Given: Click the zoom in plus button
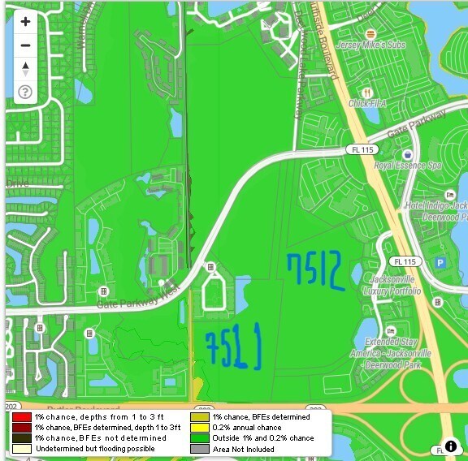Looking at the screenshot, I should tap(25, 22).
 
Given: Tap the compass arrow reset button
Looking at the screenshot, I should tap(25, 67).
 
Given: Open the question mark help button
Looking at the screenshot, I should tap(25, 92).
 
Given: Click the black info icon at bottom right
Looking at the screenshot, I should tap(451, 446).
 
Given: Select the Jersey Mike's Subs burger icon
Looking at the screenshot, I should tap(370, 33).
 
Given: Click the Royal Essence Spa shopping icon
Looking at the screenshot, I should tap(408, 154).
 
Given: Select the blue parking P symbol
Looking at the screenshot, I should tap(441, 262).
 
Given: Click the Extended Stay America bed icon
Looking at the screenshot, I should tap(390, 331).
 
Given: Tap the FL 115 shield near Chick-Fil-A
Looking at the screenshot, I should tap(360, 150).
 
